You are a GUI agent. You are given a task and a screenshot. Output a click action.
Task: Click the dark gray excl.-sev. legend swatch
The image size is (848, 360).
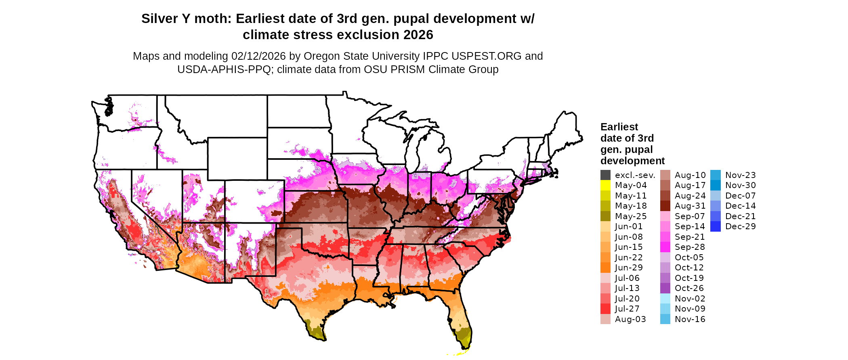(x=605, y=175)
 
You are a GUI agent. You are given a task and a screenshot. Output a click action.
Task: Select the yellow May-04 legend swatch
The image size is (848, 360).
(x=605, y=185)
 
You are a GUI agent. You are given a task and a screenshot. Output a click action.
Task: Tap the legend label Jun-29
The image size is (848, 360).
(x=629, y=268)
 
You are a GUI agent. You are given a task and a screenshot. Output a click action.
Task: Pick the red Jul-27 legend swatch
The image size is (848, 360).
(x=605, y=309)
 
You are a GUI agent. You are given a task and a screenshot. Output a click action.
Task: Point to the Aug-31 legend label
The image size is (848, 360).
(x=690, y=206)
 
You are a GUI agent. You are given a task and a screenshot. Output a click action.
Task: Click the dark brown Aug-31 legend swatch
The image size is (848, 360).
(x=665, y=206)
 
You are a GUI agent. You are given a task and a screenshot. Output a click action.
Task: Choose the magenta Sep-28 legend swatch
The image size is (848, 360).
(x=665, y=247)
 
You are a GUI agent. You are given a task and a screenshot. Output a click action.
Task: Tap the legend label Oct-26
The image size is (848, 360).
(x=689, y=288)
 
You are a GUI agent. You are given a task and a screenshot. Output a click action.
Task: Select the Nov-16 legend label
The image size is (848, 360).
(x=690, y=319)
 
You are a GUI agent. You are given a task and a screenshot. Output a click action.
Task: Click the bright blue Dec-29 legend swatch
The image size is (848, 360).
(x=715, y=226)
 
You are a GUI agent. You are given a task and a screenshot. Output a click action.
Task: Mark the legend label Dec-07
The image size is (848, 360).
(x=740, y=196)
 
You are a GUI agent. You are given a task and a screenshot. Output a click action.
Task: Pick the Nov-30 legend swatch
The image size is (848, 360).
(x=715, y=185)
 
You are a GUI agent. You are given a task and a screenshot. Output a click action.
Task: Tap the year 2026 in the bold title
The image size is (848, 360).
(x=416, y=35)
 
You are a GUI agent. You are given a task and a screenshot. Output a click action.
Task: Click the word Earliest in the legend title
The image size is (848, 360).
(x=619, y=127)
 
